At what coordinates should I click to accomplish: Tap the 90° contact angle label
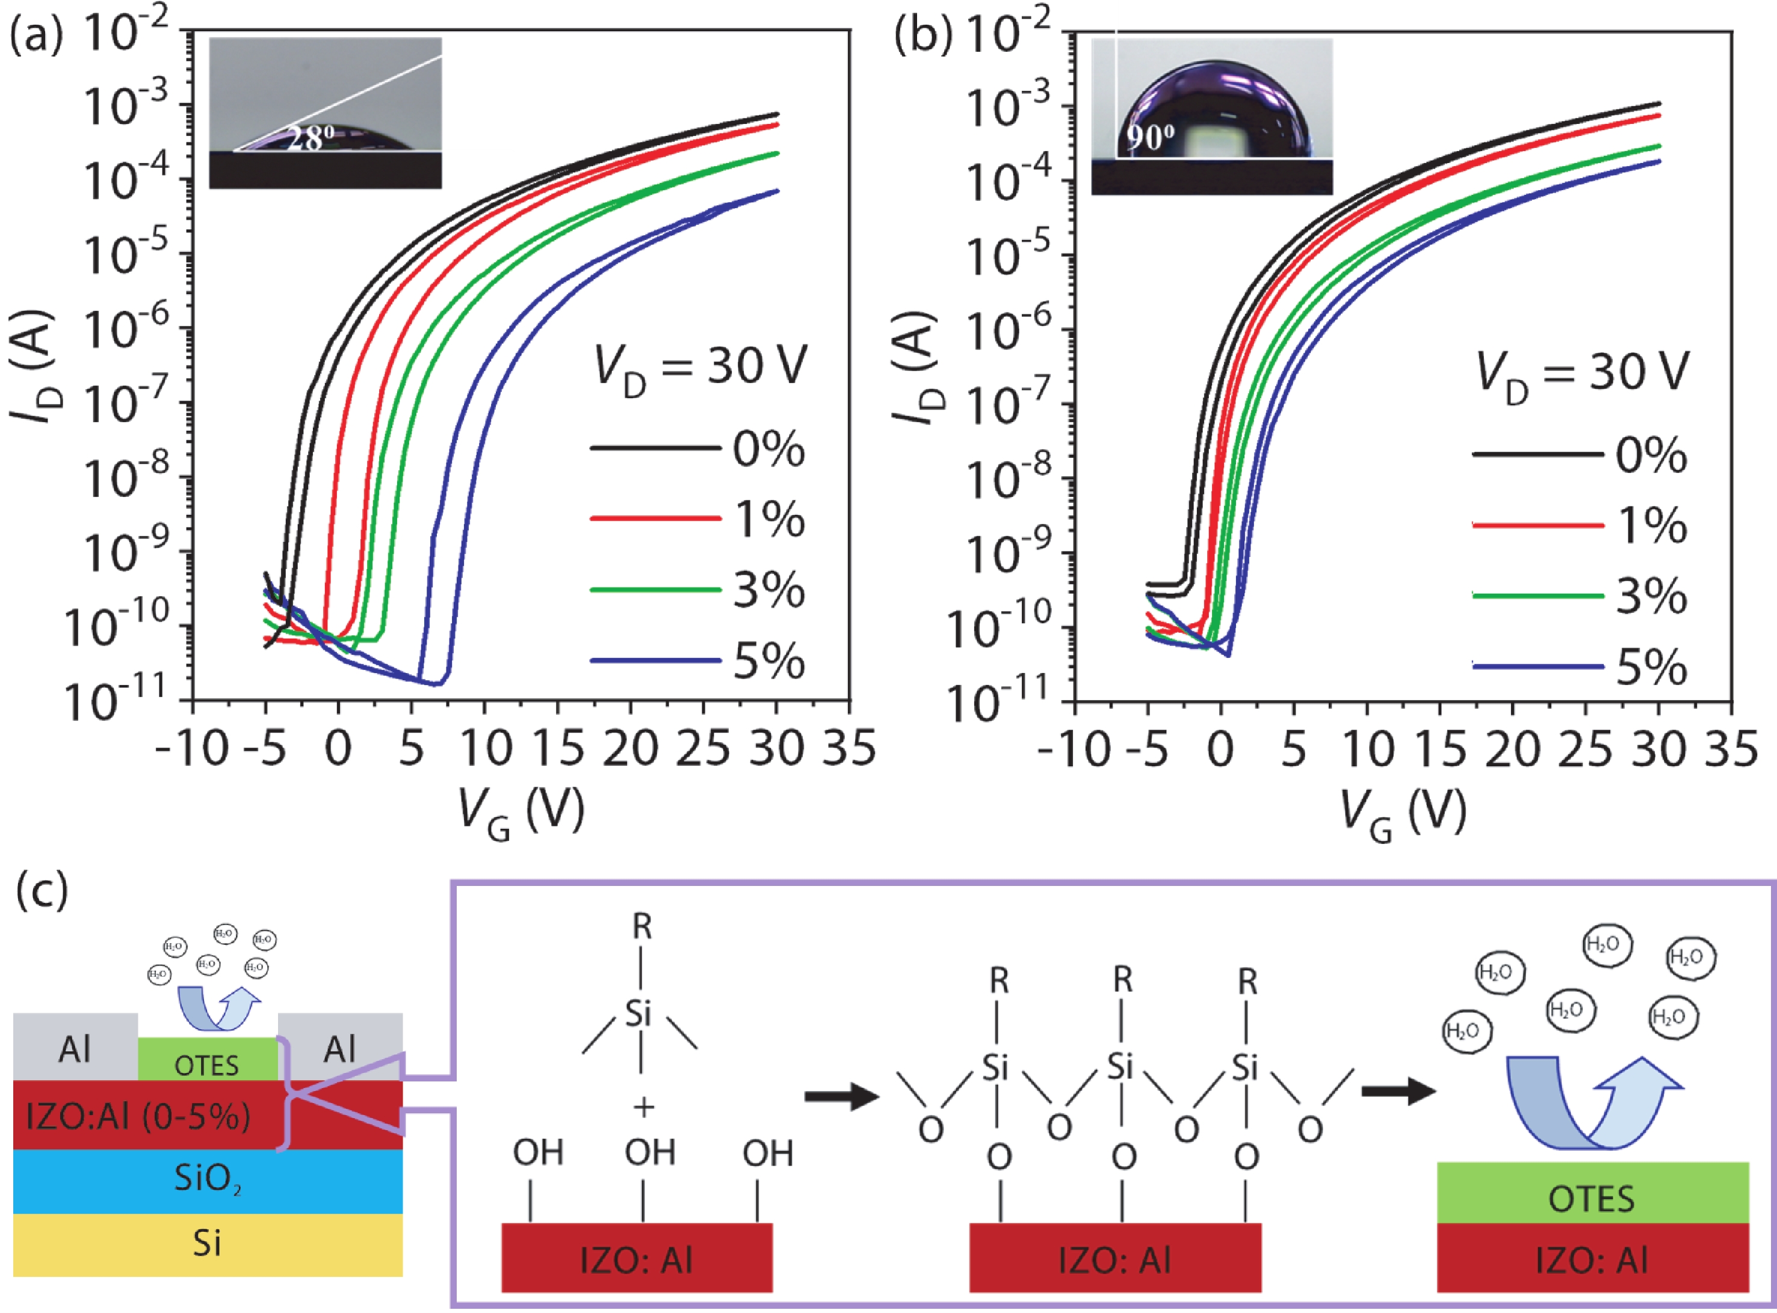[x=1151, y=138]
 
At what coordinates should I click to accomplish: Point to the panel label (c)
[x=42, y=892]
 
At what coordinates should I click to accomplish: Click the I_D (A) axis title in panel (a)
[x=33, y=366]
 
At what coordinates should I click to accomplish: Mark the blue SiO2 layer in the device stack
[x=208, y=1180]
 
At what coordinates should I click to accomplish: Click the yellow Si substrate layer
[x=208, y=1244]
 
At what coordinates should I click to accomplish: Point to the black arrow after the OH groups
[x=841, y=1097]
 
